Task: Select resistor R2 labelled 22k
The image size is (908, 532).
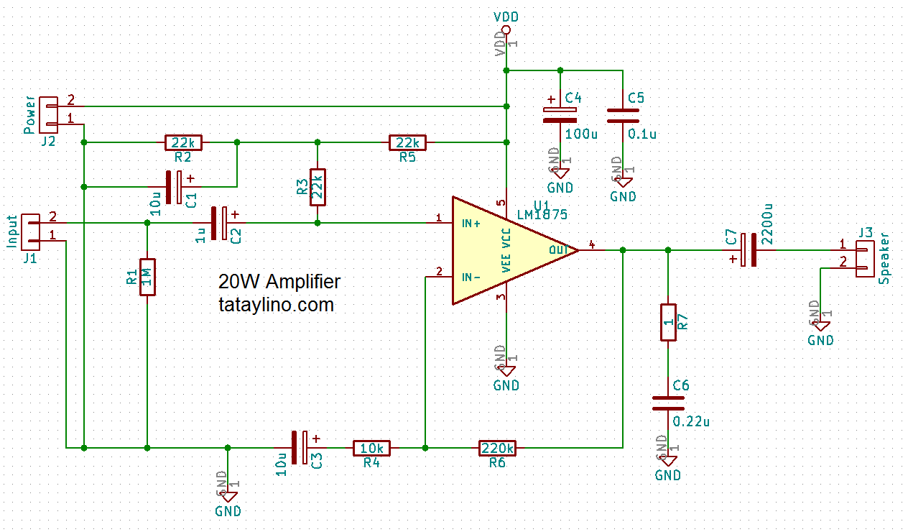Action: click(183, 142)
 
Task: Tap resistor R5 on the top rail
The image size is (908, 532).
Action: click(407, 142)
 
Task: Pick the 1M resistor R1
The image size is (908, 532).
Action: click(147, 277)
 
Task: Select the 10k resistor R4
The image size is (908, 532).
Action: click(371, 448)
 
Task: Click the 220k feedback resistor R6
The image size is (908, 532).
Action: click(497, 448)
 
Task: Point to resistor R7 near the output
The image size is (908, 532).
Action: click(668, 322)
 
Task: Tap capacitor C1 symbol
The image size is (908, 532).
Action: click(173, 187)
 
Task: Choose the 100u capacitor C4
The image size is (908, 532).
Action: click(560, 115)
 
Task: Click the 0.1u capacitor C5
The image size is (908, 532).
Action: click(623, 115)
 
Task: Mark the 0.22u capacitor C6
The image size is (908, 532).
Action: click(668, 403)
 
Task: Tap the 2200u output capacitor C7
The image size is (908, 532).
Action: click(749, 249)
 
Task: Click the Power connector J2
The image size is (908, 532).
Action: click(49, 112)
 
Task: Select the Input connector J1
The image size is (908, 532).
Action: click(31, 229)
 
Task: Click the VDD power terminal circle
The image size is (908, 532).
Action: click(506, 30)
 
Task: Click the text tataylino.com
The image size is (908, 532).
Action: click(277, 305)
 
